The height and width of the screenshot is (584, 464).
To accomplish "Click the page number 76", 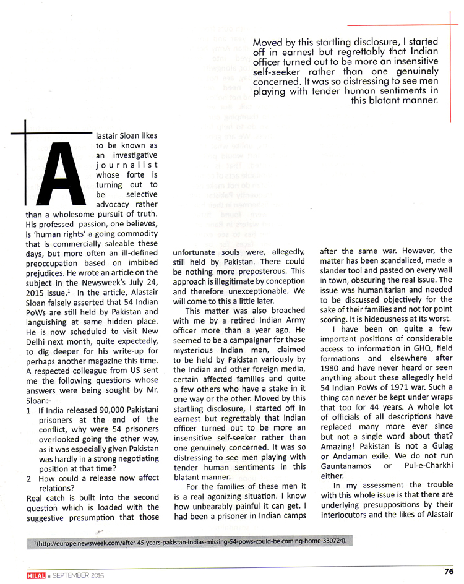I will click(449, 570).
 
